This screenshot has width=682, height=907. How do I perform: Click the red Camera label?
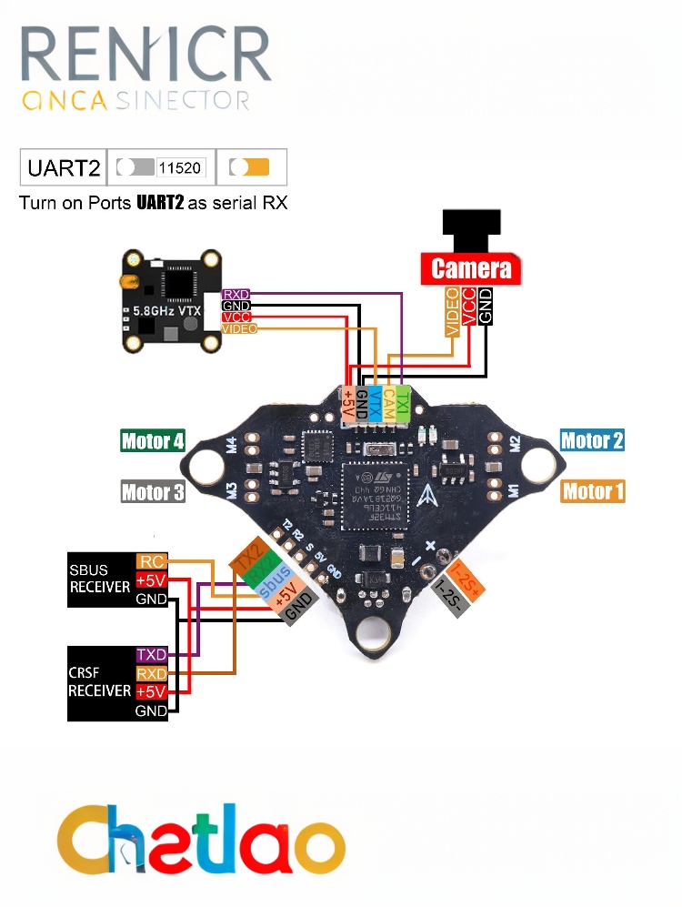[x=471, y=268]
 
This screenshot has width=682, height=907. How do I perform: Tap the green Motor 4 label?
[x=153, y=441]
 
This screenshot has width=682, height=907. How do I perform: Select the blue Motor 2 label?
[x=592, y=441]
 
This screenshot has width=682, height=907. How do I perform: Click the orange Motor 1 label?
[x=593, y=492]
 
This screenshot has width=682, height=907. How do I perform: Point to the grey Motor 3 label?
[x=153, y=492]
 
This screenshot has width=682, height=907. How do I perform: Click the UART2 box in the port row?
[x=63, y=168]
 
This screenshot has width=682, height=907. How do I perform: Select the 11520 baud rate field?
[x=181, y=168]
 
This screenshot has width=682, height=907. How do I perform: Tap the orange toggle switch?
[x=250, y=168]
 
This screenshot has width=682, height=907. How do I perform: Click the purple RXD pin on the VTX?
[x=236, y=294]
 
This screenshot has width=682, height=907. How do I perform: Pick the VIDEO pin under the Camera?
[x=452, y=311]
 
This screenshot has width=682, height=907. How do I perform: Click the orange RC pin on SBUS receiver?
[x=149, y=562]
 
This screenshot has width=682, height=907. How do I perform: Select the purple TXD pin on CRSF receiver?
[x=151, y=654]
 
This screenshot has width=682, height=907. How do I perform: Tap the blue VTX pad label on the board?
[x=375, y=402]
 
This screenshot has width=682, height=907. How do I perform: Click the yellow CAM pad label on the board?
[x=388, y=402]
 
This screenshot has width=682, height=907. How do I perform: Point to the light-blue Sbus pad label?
[x=275, y=583]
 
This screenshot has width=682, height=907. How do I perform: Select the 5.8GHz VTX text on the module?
[x=162, y=311]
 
